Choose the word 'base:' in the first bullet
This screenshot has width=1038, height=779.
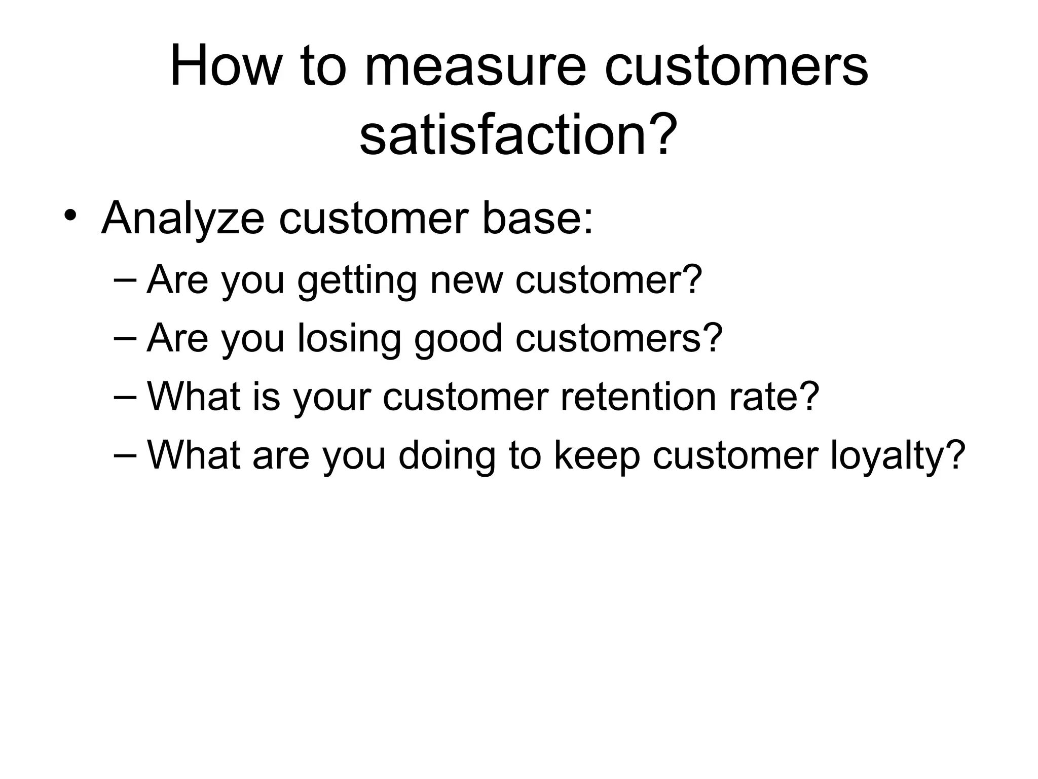pyautogui.click(x=537, y=218)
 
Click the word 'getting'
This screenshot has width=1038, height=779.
pyautogui.click(x=357, y=280)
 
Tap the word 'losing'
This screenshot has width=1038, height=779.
pyautogui.click(x=349, y=339)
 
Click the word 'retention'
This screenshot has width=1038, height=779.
pyautogui.click(x=638, y=397)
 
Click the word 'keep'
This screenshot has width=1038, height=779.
pyautogui.click(x=597, y=455)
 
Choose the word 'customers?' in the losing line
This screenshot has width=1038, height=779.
pyautogui.click(x=619, y=338)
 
